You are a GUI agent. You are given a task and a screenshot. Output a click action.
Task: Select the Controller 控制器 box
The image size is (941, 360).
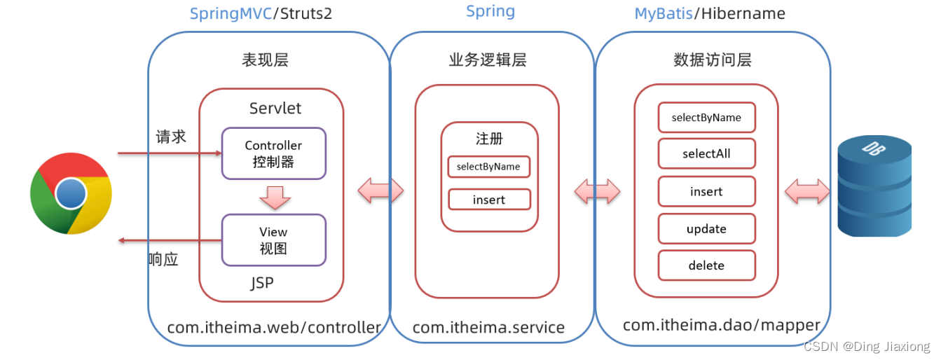(273, 153)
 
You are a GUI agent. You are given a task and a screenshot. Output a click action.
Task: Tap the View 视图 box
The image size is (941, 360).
(273, 240)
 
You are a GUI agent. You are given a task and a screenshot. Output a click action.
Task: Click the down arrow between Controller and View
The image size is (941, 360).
(274, 197)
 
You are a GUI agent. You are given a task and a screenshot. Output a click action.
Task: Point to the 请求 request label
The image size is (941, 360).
(170, 137)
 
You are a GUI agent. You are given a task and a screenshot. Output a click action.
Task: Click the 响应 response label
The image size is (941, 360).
(163, 259)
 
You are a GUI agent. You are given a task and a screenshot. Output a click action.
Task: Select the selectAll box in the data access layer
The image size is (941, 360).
(706, 153)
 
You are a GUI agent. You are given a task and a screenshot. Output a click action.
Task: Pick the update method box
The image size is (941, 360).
(706, 229)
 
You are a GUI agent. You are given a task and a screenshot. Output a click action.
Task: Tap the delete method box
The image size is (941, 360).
(706, 265)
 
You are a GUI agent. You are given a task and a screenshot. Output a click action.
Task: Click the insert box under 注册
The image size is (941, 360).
(489, 200)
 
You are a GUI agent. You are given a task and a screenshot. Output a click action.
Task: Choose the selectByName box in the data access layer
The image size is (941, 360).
(706, 118)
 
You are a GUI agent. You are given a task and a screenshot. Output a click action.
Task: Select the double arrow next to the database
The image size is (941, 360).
(808, 191)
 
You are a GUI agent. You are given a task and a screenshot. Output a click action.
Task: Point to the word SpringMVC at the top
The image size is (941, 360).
(231, 14)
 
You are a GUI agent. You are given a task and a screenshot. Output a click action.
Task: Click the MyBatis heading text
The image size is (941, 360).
(663, 14)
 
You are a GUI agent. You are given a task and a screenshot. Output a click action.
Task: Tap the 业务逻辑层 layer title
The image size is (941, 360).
(488, 60)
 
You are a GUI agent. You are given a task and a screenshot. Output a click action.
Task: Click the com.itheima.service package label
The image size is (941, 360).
(488, 327)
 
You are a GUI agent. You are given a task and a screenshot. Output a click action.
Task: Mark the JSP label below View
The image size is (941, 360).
(262, 283)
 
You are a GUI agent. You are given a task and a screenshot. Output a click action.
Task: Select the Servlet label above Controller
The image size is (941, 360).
(275, 109)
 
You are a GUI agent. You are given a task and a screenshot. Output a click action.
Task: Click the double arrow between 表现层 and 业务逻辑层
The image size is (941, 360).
(380, 191)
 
